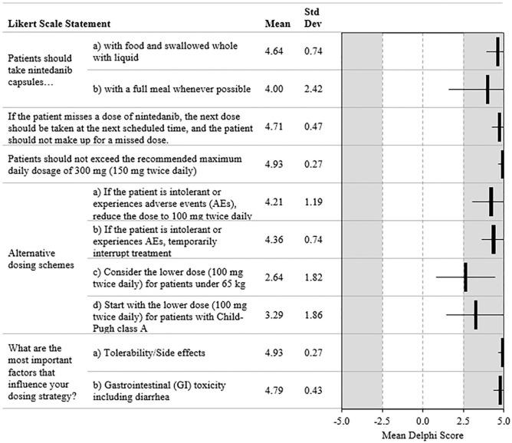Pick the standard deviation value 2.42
[x=313, y=89]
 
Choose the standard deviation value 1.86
[x=313, y=315]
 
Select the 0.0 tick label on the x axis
[x=422, y=420]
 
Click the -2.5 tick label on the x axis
[x=382, y=420]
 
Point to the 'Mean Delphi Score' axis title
[x=422, y=435]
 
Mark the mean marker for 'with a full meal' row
[x=487, y=89]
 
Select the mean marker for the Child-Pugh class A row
[x=476, y=315]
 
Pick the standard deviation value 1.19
[x=313, y=202]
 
